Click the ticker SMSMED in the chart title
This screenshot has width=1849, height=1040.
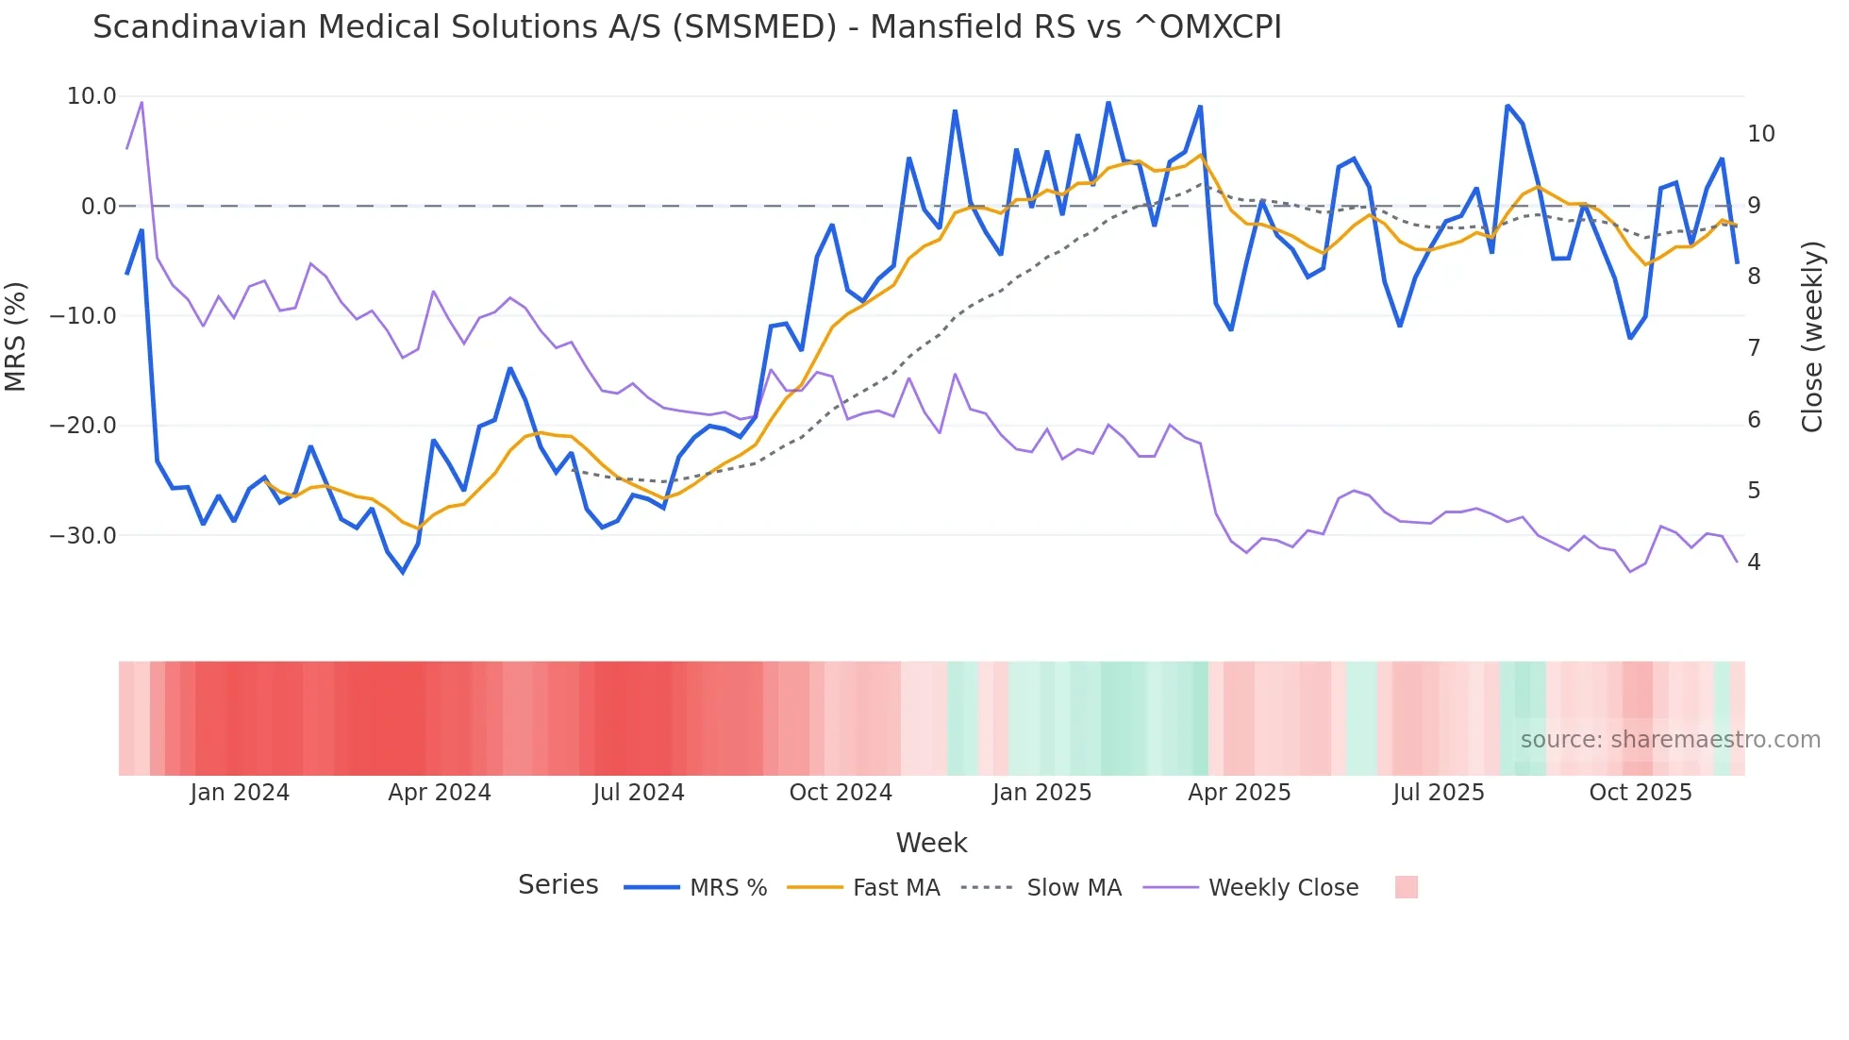[755, 27]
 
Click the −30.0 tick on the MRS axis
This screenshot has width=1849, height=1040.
[83, 536]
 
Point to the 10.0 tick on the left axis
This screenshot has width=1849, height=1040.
[92, 96]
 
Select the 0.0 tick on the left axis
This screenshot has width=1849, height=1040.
[98, 207]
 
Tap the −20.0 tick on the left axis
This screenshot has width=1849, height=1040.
[83, 426]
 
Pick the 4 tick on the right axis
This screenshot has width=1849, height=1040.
[1754, 562]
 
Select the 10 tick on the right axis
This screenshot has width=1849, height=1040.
[1760, 134]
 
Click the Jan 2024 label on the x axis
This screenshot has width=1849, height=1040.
[240, 793]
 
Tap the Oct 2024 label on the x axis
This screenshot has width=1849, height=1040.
[841, 793]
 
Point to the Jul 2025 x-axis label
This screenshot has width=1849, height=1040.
[1439, 793]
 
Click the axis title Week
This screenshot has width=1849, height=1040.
[931, 843]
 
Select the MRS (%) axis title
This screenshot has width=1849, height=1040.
[16, 337]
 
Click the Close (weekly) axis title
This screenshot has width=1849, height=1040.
[1812, 337]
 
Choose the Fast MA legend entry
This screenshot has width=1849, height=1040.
[895, 888]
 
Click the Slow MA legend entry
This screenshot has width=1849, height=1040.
[1074, 888]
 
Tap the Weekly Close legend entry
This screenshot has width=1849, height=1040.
[1283, 888]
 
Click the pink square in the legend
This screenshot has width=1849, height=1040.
[1406, 887]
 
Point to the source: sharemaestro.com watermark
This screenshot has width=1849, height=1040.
[1670, 740]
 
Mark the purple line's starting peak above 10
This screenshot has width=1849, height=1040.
[142, 102]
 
